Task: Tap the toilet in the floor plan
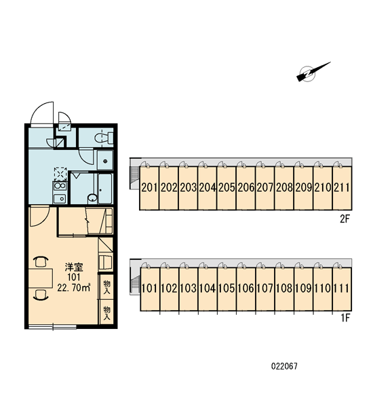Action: click(104, 137)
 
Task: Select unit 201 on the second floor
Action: click(149, 188)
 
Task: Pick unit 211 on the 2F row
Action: click(342, 188)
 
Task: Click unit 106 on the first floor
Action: click(246, 289)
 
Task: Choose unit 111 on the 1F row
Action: click(342, 289)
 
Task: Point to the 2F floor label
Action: click(345, 220)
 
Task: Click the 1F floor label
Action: click(346, 317)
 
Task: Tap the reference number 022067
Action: click(284, 366)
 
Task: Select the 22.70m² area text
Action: click(74, 288)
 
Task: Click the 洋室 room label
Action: click(74, 267)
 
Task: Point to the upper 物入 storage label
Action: click(106, 287)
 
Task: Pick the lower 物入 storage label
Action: click(106, 313)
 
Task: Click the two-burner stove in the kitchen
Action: click(60, 187)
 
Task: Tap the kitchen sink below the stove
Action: click(60, 199)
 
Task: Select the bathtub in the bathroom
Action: click(105, 189)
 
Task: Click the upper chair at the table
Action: click(41, 262)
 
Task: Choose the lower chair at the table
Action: click(41, 295)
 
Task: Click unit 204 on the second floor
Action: click(207, 188)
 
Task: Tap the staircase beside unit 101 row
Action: click(135, 285)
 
